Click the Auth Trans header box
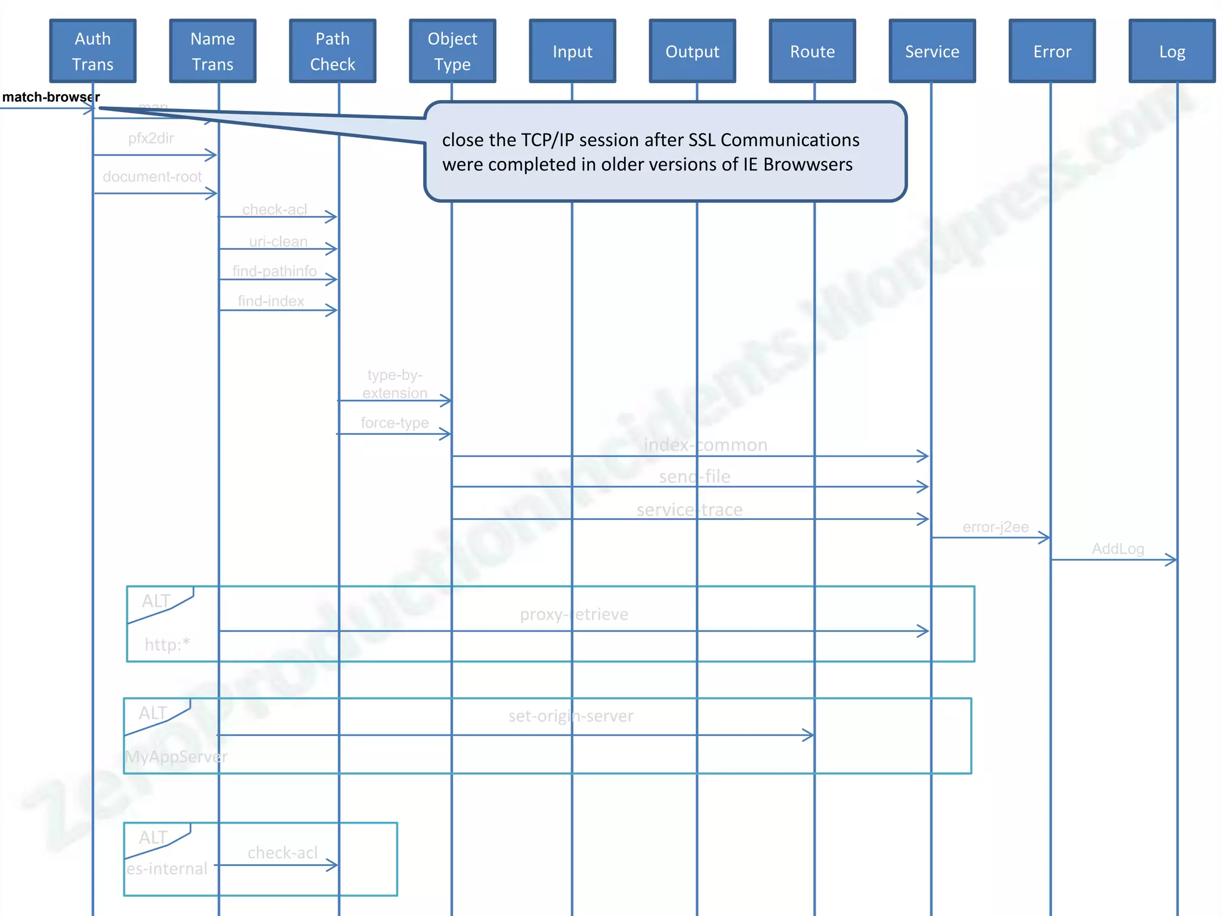click(x=92, y=51)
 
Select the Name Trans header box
click(x=212, y=51)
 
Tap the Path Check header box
click(x=332, y=51)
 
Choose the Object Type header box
click(x=452, y=51)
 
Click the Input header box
click(x=572, y=51)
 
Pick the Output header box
click(x=692, y=51)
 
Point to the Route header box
click(x=812, y=51)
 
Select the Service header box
click(x=932, y=51)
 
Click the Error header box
click(x=1052, y=51)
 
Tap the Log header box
click(x=1172, y=51)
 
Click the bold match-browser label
click(x=51, y=97)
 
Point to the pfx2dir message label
click(x=151, y=138)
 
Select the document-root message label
click(x=152, y=177)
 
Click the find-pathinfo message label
click(x=274, y=271)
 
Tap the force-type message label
click(x=394, y=423)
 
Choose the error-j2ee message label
click(x=995, y=527)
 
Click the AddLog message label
click(x=1118, y=549)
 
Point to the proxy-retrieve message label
click(x=574, y=614)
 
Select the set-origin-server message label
click(x=571, y=716)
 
